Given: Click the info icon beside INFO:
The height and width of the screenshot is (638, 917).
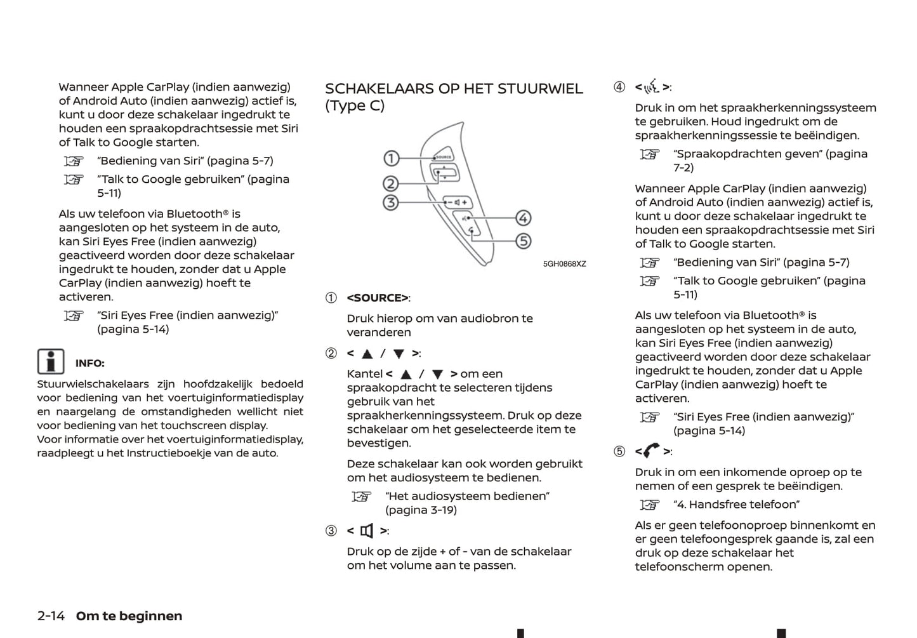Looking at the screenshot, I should pyautogui.click(x=50, y=362).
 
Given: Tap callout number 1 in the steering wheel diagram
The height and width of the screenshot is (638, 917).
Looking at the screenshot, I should pyautogui.click(x=392, y=158).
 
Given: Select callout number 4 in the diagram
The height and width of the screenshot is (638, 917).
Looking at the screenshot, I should pyautogui.click(x=523, y=218).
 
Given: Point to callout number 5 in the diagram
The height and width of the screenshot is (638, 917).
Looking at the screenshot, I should pyautogui.click(x=523, y=241).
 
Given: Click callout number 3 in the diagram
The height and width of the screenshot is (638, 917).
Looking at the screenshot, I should pyautogui.click(x=391, y=203).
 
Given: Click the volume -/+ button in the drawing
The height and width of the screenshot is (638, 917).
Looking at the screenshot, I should pyautogui.click(x=457, y=203).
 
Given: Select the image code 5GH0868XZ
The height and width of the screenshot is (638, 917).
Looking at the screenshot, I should pyautogui.click(x=564, y=264).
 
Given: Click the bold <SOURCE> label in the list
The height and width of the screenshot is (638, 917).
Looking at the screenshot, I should pyautogui.click(x=378, y=298).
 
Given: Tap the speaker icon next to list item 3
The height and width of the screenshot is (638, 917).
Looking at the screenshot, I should pyautogui.click(x=367, y=531).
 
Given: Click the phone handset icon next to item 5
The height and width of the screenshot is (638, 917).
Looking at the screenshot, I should pyautogui.click(x=652, y=451).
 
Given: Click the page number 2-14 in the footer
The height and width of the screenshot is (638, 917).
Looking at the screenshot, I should pyautogui.click(x=51, y=616).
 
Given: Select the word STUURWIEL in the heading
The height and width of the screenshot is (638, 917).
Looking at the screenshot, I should pyautogui.click(x=540, y=89).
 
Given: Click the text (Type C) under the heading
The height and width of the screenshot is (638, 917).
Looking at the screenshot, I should pyautogui.click(x=355, y=105).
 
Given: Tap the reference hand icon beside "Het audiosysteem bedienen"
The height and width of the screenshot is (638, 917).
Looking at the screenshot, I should pyautogui.click(x=361, y=496).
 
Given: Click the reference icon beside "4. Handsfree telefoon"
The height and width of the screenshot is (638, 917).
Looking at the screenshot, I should pyautogui.click(x=649, y=505).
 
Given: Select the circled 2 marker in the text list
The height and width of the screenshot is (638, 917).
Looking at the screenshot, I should pyautogui.click(x=331, y=353).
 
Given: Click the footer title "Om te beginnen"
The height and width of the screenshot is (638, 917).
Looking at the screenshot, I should pyautogui.click(x=129, y=616).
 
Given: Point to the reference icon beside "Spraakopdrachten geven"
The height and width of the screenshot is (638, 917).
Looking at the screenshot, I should pyautogui.click(x=649, y=154).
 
